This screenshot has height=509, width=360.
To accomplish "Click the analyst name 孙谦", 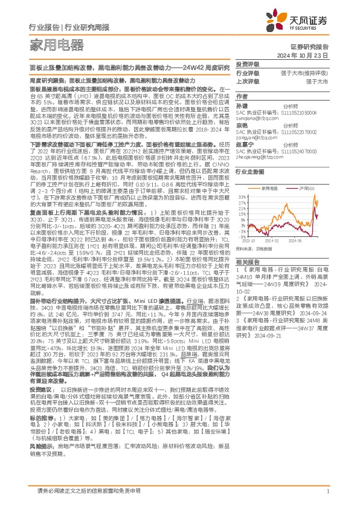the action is coord(242,105).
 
